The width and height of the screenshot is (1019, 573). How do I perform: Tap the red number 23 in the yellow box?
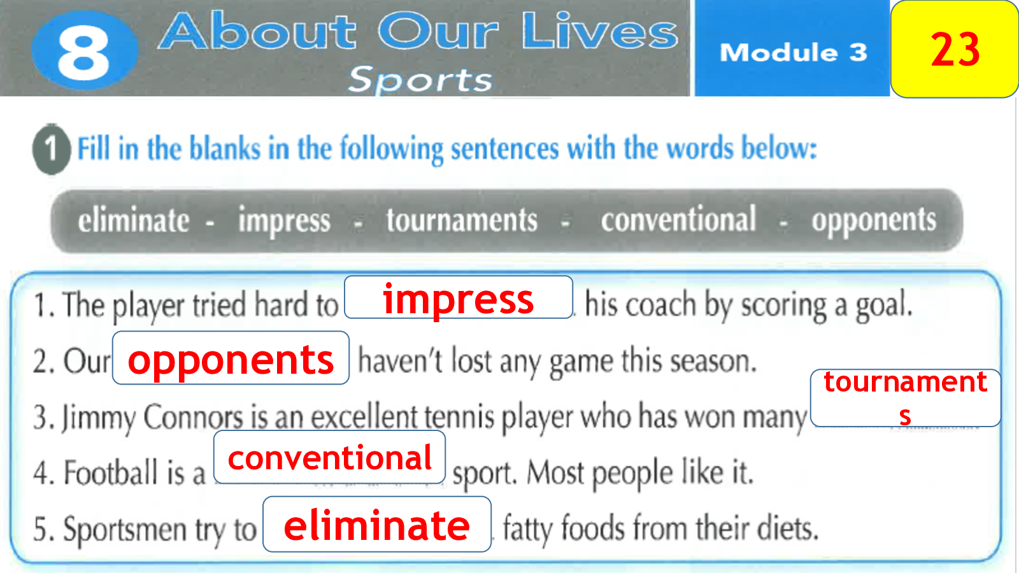click(x=955, y=49)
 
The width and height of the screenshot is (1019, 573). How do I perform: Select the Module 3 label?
click(x=794, y=52)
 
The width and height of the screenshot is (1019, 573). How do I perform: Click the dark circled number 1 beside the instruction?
click(x=52, y=149)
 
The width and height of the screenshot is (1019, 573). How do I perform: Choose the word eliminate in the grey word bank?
click(x=133, y=220)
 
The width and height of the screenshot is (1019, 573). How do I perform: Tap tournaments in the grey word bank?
click(x=462, y=220)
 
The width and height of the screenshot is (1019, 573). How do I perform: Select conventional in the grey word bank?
click(x=678, y=219)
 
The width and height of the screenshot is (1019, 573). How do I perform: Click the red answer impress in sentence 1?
click(x=458, y=299)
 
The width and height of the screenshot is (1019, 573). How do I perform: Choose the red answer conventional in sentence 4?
click(x=329, y=458)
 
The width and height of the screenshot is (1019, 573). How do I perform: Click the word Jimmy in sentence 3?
click(x=98, y=418)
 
